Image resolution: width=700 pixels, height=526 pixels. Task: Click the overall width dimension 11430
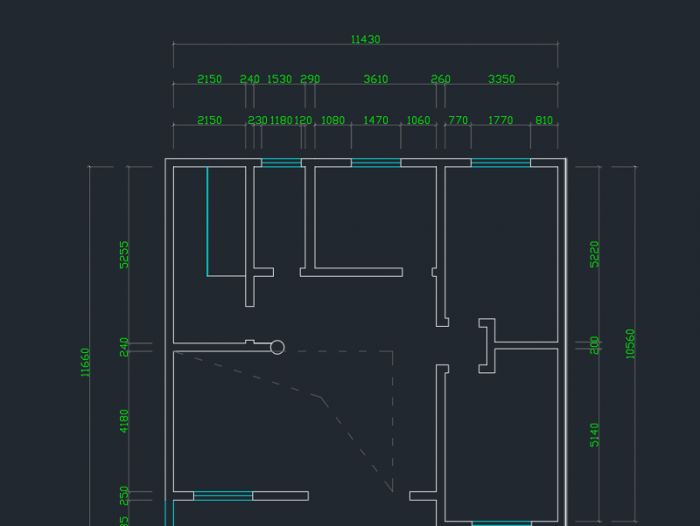point(365,39)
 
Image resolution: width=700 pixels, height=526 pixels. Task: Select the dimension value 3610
point(375,80)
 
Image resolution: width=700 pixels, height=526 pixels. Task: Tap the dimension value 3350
point(501,80)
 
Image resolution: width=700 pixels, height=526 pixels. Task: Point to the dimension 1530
point(279,80)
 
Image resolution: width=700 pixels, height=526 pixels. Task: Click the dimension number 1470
point(375,121)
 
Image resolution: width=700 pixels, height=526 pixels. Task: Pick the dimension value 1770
point(500,121)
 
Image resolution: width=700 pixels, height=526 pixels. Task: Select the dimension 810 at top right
point(543,121)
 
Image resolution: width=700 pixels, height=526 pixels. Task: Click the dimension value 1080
point(333,121)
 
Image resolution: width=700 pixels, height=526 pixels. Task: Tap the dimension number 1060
point(418,121)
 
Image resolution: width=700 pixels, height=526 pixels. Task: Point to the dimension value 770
point(458,121)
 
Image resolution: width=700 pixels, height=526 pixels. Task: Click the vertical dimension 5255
point(124,254)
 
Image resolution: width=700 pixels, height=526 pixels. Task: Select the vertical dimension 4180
point(124,421)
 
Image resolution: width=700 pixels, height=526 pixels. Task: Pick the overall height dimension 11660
point(85,362)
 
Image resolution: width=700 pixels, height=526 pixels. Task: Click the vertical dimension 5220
point(595,253)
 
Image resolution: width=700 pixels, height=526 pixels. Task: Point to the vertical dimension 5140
point(595,434)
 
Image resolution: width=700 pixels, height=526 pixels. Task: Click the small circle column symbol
point(277,348)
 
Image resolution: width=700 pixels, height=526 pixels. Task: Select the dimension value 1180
point(281,121)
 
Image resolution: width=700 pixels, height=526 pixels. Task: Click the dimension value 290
point(310,80)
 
